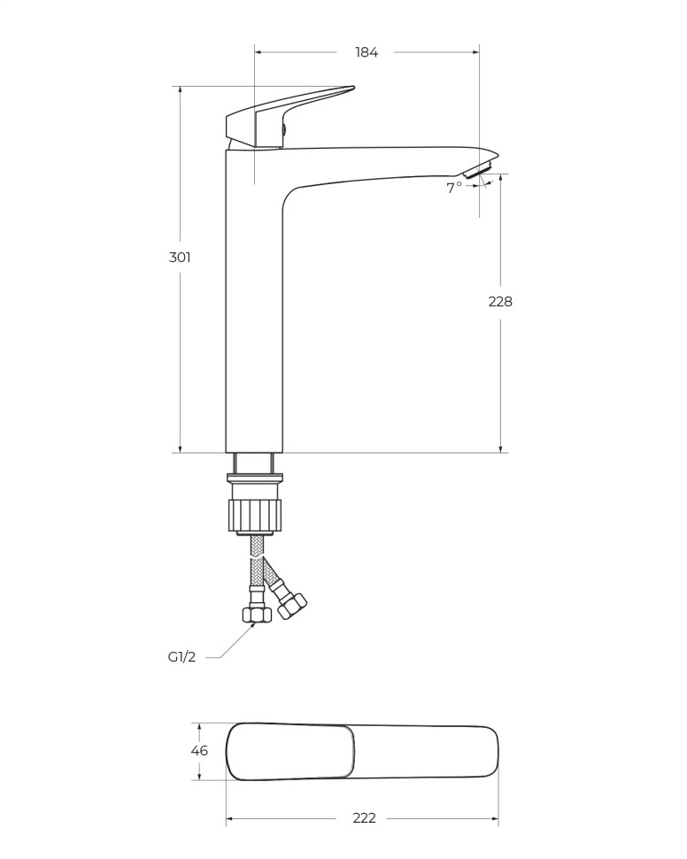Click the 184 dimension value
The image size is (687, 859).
367,52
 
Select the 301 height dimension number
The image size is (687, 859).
180,257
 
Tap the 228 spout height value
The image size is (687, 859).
500,301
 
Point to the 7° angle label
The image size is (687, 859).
454,188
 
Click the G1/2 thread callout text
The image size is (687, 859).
181,657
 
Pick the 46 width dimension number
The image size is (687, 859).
199,750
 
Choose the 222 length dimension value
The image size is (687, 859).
365,818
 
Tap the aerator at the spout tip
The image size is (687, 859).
481,169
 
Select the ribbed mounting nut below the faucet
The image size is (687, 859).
255,513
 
